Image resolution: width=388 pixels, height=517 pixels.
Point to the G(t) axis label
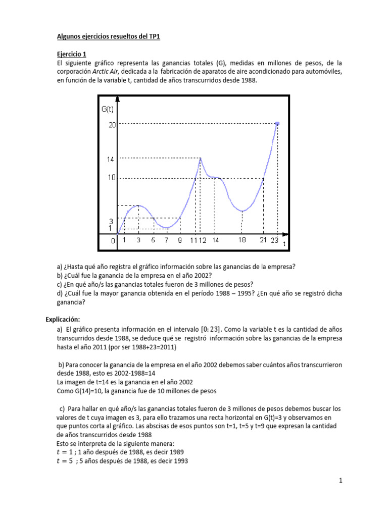[x=108, y=109]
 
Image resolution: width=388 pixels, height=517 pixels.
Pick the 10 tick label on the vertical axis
[x=112, y=178]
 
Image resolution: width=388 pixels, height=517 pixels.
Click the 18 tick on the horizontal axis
[x=243, y=240]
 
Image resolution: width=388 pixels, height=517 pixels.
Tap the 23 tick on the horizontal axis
[x=274, y=241]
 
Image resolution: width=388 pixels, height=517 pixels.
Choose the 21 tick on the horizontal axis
[x=263, y=241]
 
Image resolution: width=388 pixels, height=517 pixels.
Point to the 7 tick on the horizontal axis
[x=166, y=241]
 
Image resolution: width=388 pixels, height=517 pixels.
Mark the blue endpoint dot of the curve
[x=277, y=123]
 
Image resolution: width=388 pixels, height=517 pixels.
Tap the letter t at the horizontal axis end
[x=284, y=244]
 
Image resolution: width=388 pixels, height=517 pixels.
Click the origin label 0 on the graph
[x=113, y=241]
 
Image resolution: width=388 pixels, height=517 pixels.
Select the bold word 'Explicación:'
[x=63, y=319]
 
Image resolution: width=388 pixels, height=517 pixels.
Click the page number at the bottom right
[x=341, y=481]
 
